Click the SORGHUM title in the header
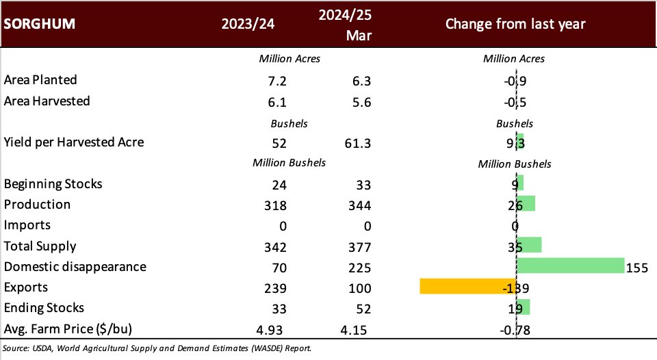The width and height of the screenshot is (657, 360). pos(40,24)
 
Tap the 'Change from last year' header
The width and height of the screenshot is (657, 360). pos(515,24)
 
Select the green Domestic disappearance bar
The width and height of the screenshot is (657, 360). pos(570,266)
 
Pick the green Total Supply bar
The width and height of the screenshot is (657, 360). pos(529,245)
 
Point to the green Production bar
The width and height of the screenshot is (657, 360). pos(526,204)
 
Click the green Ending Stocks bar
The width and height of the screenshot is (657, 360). pos(523,307)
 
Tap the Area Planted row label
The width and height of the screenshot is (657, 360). pos(40,80)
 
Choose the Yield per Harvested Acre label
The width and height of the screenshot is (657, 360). pos(74,142)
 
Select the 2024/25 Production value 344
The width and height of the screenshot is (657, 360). pos(357,205)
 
